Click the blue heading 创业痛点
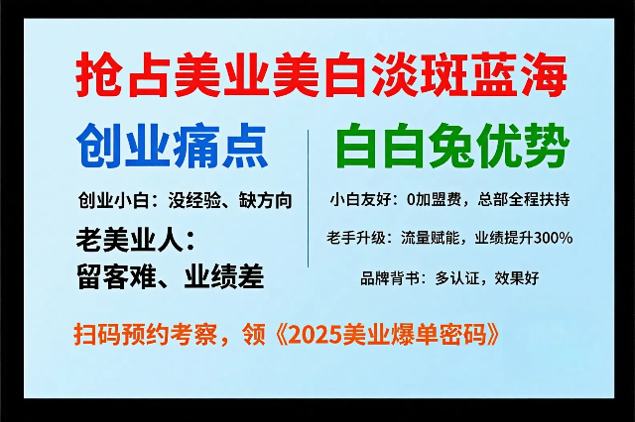(x=172, y=147)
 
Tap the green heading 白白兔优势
(x=452, y=146)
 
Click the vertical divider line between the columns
(x=309, y=198)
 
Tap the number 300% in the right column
(x=553, y=238)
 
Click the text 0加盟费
(x=434, y=200)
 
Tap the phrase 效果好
(x=516, y=278)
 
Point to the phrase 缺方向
(x=266, y=200)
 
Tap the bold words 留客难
(x=116, y=276)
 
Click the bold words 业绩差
(x=224, y=276)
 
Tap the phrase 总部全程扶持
(x=523, y=200)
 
